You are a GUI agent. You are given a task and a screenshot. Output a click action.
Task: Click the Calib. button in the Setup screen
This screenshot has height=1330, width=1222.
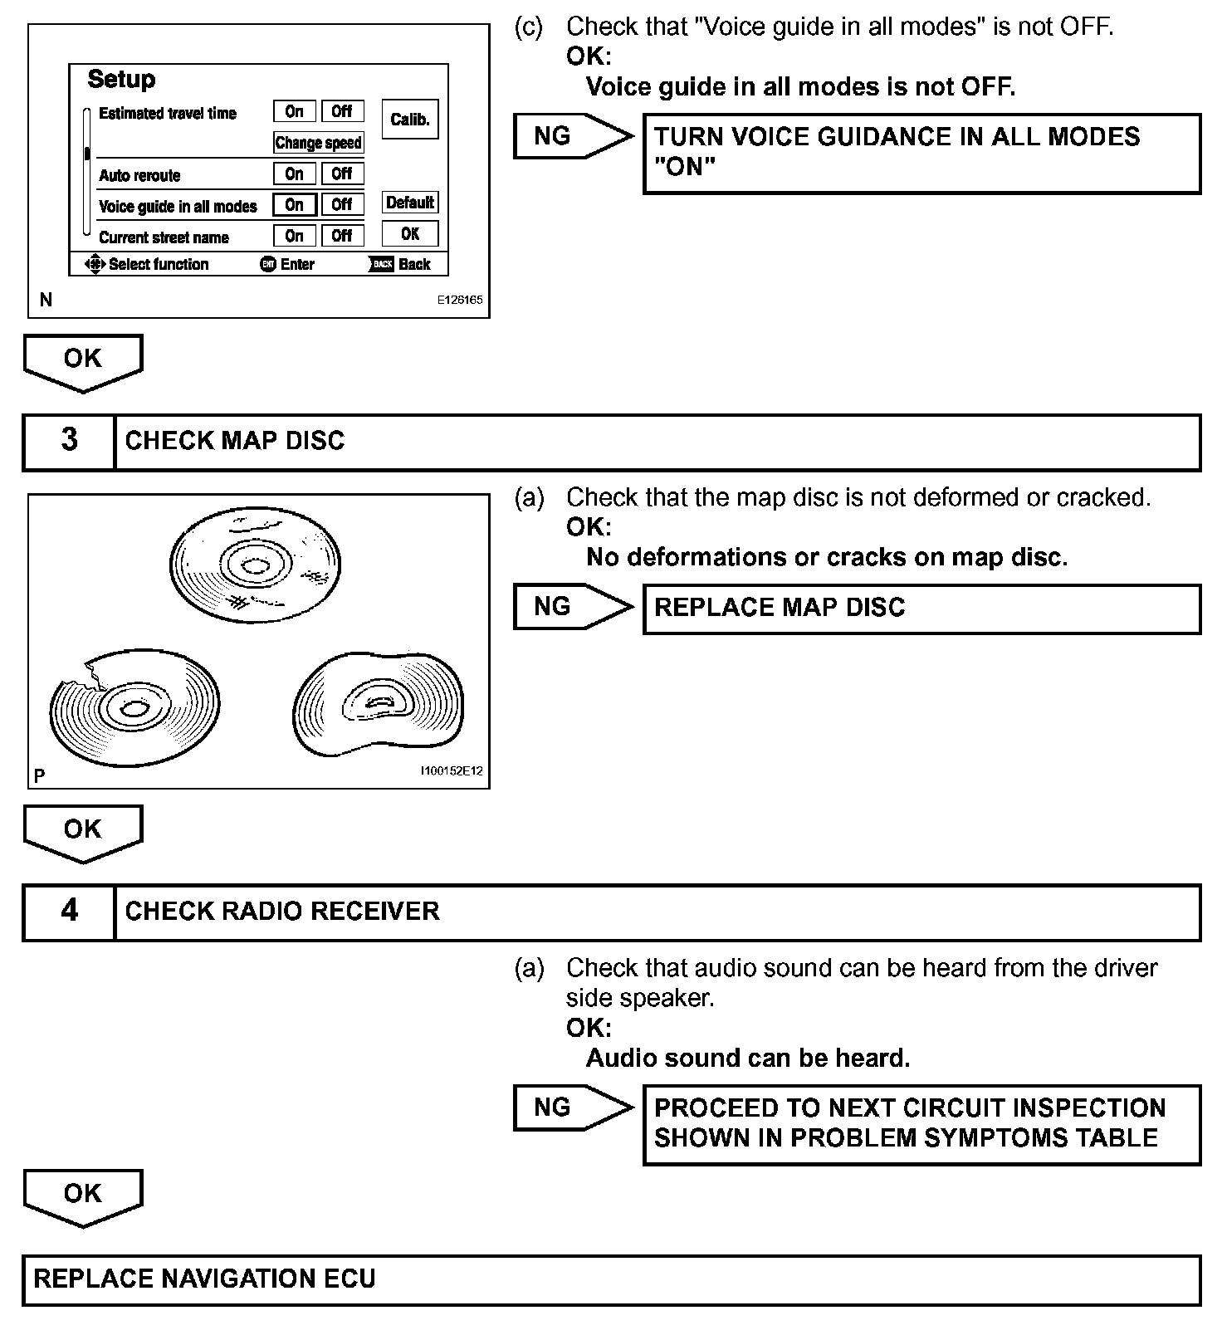(410, 120)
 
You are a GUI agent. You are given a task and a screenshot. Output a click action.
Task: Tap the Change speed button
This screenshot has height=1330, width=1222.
(319, 143)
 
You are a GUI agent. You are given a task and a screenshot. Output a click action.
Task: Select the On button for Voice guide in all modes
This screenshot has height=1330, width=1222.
(295, 204)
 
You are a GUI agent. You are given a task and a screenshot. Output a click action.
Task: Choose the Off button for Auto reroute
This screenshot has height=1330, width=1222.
(342, 174)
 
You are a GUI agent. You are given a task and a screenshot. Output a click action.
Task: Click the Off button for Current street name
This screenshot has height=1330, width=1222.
(342, 236)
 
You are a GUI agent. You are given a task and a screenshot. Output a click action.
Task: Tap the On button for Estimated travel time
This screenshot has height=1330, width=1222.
(295, 111)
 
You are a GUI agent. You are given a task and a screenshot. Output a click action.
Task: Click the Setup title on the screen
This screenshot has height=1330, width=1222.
(121, 80)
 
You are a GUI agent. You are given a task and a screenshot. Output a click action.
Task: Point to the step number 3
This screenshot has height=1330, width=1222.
(70, 440)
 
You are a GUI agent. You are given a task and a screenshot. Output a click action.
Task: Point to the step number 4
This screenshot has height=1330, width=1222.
(70, 911)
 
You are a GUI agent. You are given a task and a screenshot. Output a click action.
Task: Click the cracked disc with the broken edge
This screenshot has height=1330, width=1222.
(134, 708)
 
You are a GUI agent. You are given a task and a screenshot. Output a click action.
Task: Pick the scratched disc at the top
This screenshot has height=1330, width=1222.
(256, 565)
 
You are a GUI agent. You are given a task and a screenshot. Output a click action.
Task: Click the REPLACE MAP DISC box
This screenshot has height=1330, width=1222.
(921, 609)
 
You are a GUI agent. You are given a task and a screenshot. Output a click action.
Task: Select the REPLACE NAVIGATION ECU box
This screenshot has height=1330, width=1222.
(611, 1279)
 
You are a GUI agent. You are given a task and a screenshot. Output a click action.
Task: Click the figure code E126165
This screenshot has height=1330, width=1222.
(460, 301)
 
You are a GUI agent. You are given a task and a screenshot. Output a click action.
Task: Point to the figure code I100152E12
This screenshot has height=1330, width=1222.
(451, 771)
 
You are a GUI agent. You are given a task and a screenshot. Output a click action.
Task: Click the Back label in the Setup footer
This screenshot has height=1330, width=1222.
(414, 265)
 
